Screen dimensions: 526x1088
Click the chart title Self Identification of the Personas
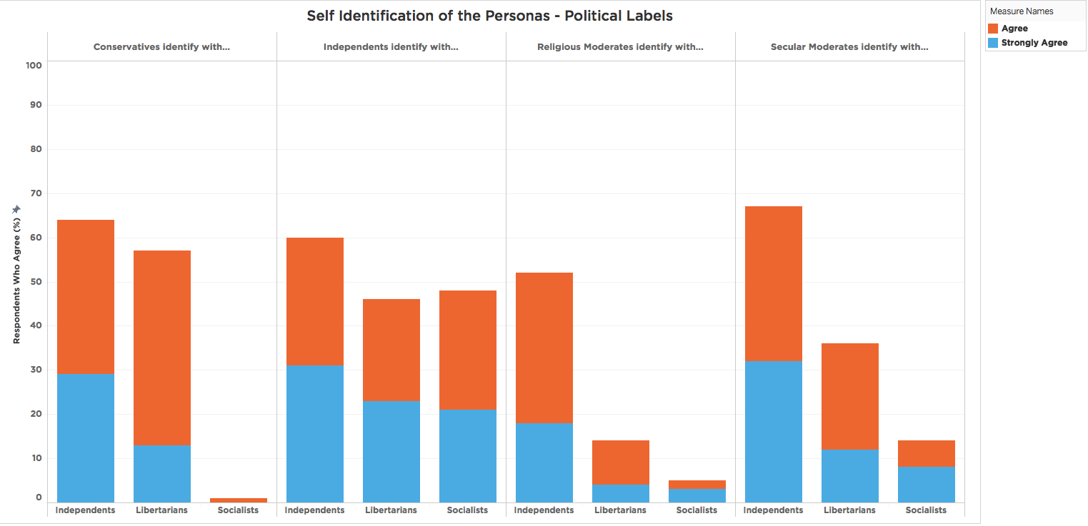(489, 15)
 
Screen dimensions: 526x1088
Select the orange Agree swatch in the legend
(992, 29)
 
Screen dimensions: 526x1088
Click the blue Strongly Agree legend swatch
(992, 43)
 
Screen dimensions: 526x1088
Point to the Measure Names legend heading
(1022, 11)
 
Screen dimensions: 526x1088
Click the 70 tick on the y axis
(34, 193)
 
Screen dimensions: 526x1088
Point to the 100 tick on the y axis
(34, 66)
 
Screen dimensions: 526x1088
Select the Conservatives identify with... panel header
(161, 47)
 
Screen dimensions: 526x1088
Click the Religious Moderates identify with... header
(620, 47)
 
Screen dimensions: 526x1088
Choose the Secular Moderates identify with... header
(849, 47)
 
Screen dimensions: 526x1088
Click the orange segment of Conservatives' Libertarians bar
(162, 348)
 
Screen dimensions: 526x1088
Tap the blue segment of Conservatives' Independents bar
(86, 438)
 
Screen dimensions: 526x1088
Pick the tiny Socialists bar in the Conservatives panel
(239, 500)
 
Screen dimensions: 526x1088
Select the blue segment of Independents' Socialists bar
(468, 455)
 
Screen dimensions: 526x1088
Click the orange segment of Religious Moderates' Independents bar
(544, 348)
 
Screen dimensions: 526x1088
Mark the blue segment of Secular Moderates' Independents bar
(774, 431)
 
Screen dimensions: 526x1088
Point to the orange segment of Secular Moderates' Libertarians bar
(850, 396)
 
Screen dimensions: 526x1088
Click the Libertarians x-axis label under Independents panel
(391, 510)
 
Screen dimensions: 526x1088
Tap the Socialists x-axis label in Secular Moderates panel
(926, 510)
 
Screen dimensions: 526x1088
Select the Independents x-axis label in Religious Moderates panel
(544, 510)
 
